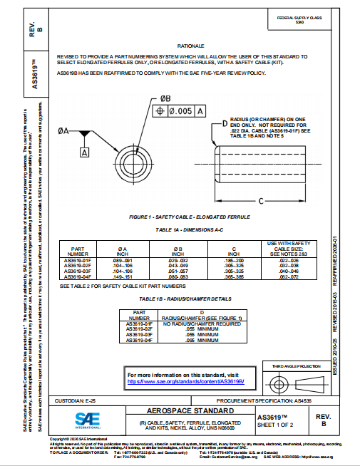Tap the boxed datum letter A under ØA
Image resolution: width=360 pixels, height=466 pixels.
coord(85,152)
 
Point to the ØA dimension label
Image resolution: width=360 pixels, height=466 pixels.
coord(63,131)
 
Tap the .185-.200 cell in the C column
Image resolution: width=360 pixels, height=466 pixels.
coord(233,261)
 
